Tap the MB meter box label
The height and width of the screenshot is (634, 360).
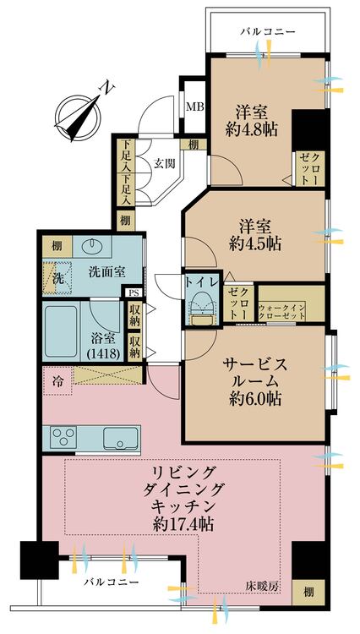click(194, 107)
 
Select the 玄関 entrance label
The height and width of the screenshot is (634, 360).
click(165, 164)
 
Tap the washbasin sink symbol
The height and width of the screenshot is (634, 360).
click(91, 249)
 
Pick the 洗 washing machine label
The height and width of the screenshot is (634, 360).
click(58, 278)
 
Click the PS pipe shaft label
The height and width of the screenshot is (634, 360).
click(134, 292)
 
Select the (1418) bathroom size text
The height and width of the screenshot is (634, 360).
click(106, 353)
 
